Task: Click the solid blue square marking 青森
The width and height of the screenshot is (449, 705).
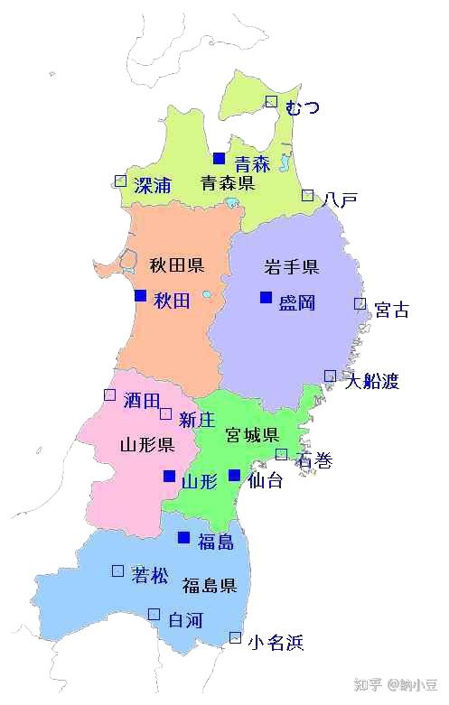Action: pos(219,158)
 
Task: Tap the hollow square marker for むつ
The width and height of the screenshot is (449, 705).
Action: pos(271,102)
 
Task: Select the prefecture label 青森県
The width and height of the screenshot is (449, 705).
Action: pos(227,184)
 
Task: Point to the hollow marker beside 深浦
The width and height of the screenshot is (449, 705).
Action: pos(120,181)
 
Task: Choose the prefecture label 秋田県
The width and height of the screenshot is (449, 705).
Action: pos(176,265)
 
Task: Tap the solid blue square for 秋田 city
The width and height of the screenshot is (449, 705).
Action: pos(140,295)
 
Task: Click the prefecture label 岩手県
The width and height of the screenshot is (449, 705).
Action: pos(291,267)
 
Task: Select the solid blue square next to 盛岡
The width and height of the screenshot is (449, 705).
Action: pos(266,297)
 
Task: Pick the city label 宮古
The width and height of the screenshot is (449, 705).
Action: pos(391,311)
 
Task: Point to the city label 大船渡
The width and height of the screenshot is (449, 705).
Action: pos(370,381)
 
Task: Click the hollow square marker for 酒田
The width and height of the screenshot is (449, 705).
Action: pos(109,394)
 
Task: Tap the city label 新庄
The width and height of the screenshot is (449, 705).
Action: pos(196,420)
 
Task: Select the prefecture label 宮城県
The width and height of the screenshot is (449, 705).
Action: pos(252,436)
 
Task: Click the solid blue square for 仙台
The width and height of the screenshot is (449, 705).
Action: pos(234,475)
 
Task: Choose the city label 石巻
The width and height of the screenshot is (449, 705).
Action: pos(313,461)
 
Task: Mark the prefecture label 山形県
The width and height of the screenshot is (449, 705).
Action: pos(146,445)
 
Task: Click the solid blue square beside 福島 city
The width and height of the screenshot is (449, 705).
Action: pos(183,537)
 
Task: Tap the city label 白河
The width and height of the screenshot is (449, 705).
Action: pos(186,620)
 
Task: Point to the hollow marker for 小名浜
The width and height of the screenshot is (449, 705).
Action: pos(235,637)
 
